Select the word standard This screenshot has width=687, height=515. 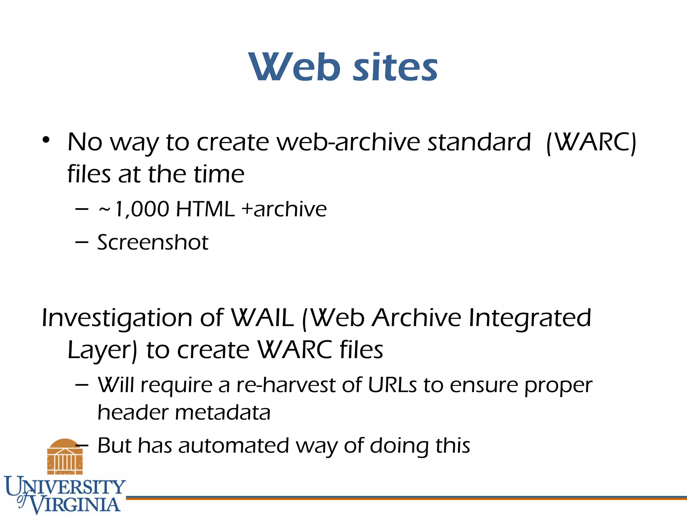click(479, 142)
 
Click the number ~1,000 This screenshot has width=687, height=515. click(134, 209)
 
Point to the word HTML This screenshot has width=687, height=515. click(205, 209)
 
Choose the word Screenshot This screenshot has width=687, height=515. click(153, 242)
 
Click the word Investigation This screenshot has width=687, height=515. click(116, 318)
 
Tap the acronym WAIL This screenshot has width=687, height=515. click(263, 318)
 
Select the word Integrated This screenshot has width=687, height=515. click(530, 318)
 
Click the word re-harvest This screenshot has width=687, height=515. click(285, 385)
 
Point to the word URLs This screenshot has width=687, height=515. click(392, 385)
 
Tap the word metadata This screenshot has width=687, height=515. click(223, 412)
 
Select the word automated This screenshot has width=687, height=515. click(233, 446)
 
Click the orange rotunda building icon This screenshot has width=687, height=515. click(65, 456)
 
